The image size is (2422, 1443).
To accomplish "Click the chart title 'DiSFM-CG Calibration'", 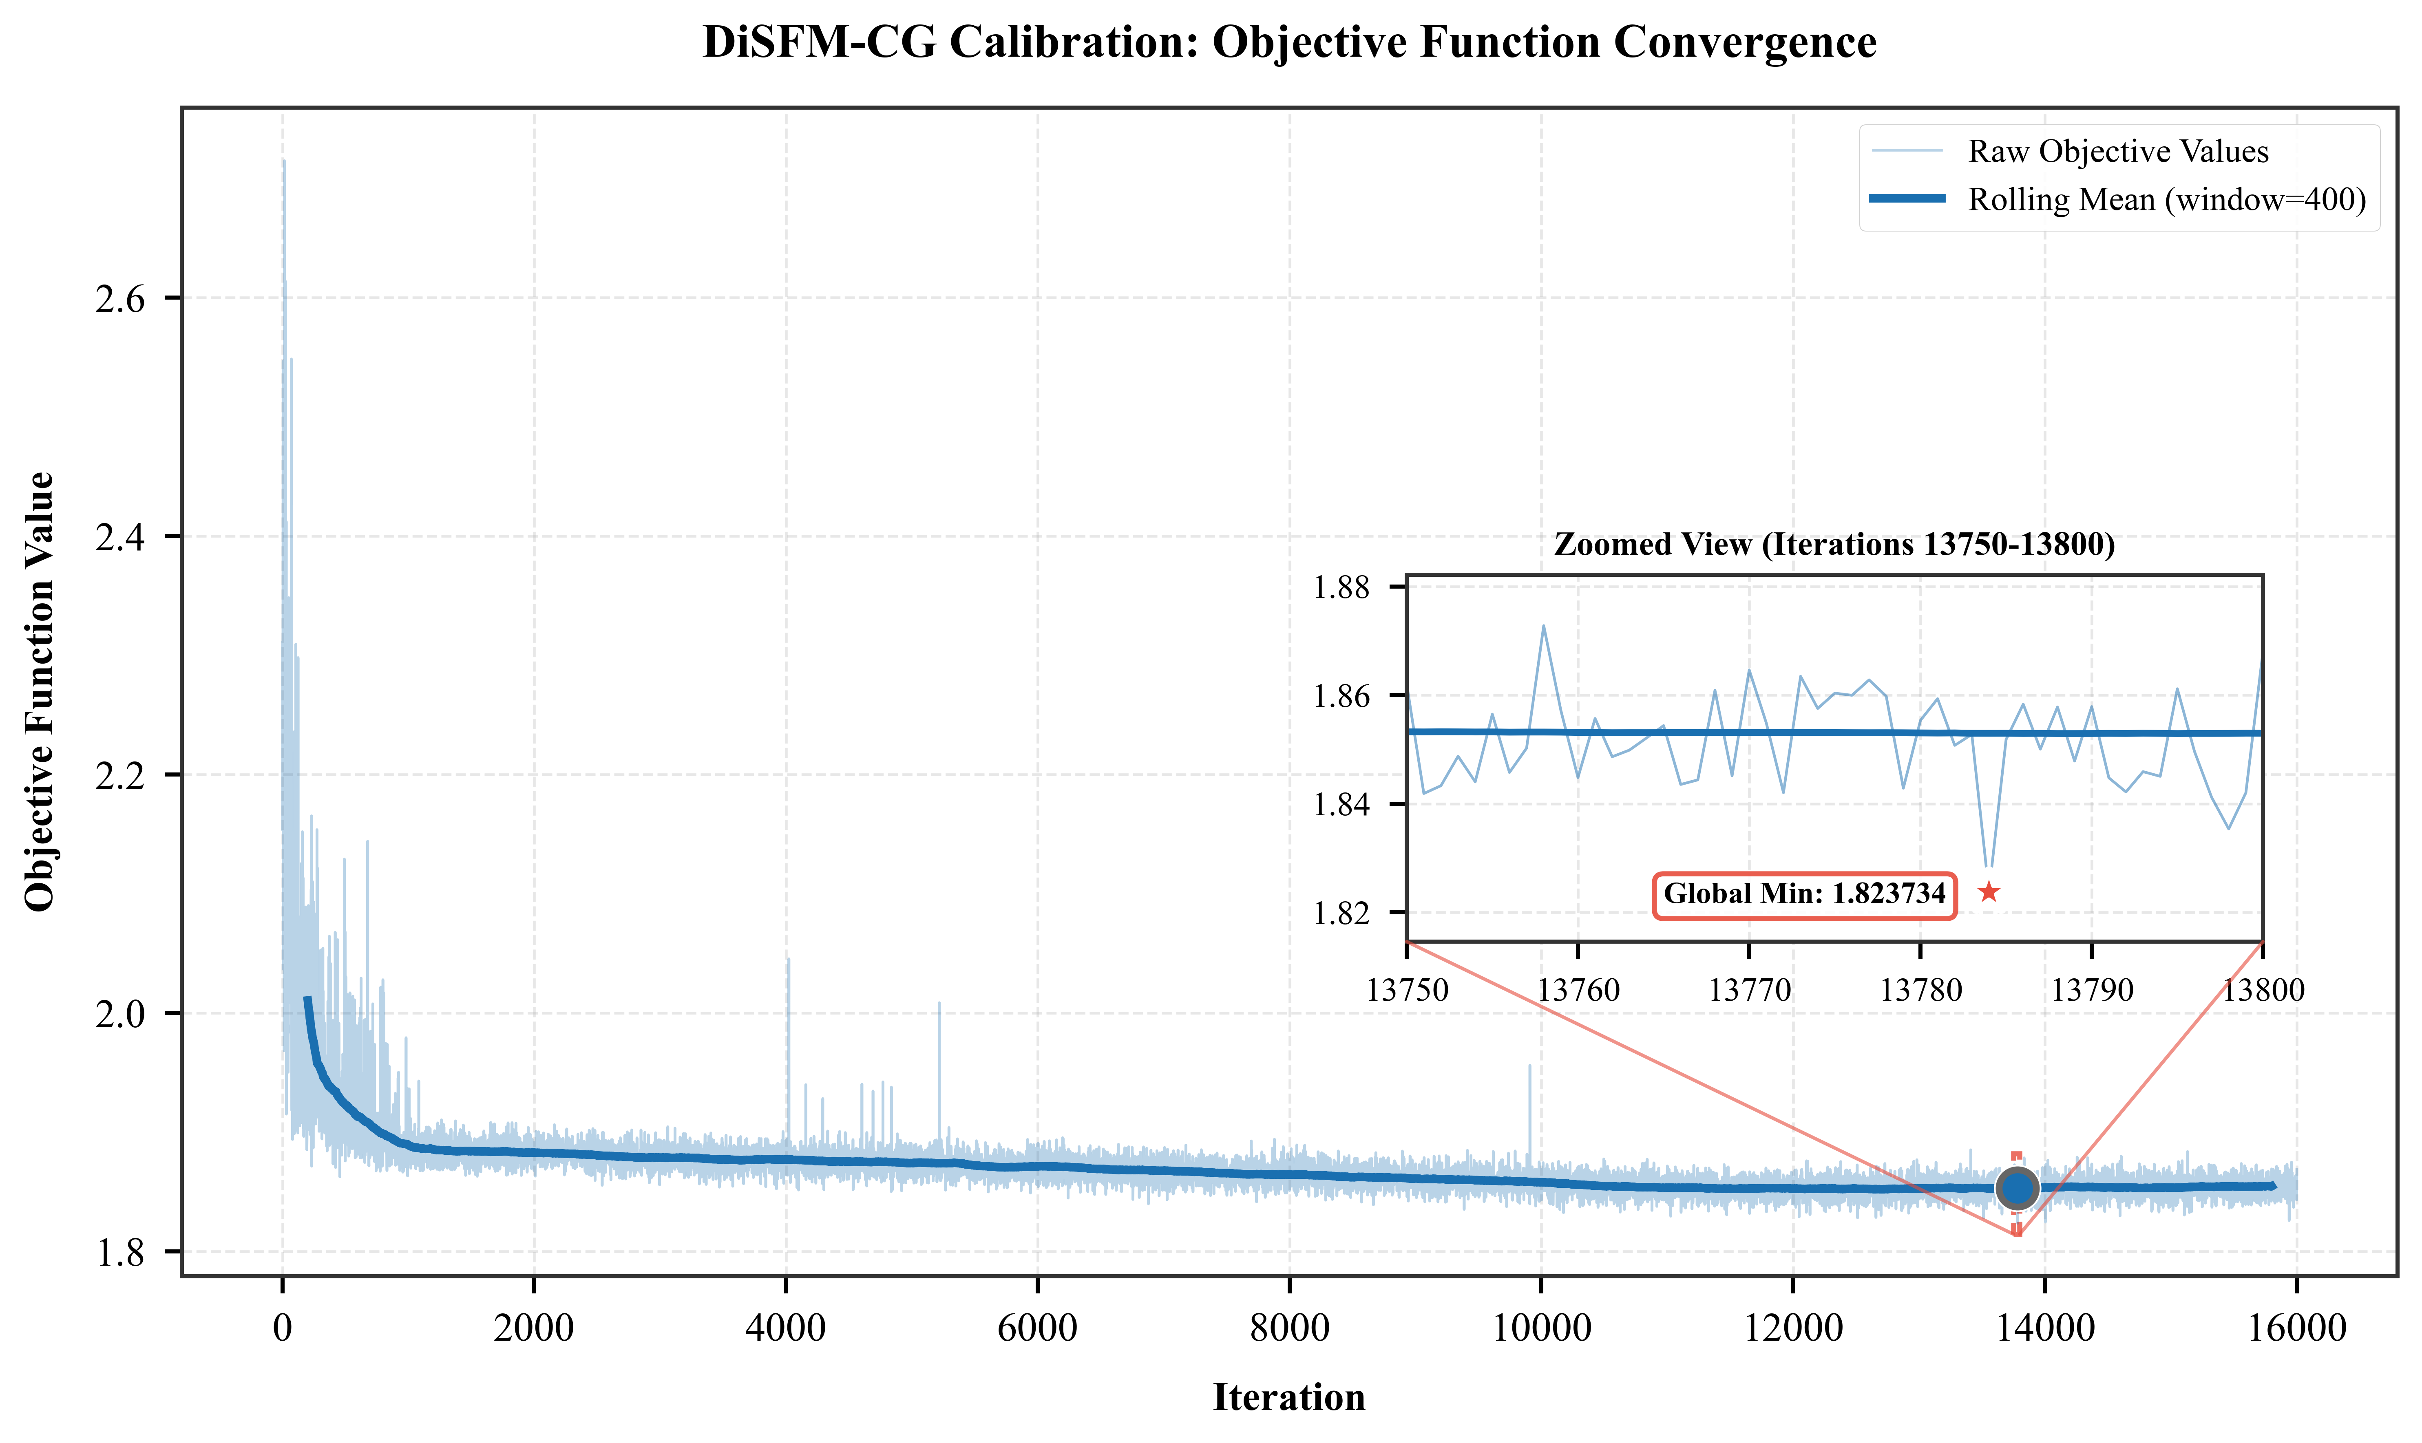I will [1289, 43].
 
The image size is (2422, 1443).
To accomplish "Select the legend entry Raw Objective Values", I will [2117, 152].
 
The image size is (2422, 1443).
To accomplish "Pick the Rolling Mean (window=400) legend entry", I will [2166, 199].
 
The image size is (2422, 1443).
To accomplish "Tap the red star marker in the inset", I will [1988, 891].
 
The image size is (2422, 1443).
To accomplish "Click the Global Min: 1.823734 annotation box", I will [1804, 894].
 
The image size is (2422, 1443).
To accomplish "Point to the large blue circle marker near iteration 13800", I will [2018, 1188].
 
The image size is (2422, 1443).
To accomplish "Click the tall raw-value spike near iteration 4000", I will [789, 963].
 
